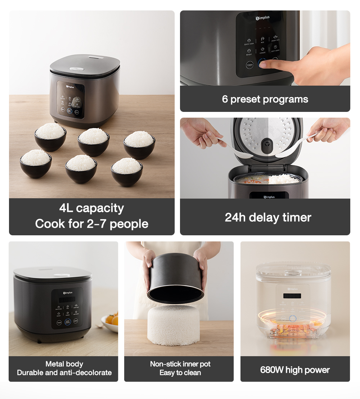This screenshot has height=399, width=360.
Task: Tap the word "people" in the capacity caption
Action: pos(129,224)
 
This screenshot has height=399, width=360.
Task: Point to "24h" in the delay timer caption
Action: pos(235,217)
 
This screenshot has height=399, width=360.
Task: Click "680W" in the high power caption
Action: pos(271,370)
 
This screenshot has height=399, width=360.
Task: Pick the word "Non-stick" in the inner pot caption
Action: pos(164,364)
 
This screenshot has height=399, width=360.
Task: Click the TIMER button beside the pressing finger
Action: pos(249,65)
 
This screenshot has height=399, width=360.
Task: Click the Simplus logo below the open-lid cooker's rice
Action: pos(269,197)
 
